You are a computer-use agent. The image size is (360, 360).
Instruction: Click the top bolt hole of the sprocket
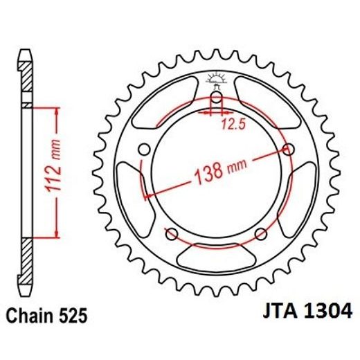(x=217, y=98)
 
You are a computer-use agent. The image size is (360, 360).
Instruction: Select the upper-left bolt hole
(x=144, y=149)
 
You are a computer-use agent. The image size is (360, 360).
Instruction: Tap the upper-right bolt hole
(x=289, y=149)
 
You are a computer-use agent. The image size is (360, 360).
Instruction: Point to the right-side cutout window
(x=299, y=197)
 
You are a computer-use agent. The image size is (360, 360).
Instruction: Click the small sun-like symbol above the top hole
(x=217, y=78)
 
